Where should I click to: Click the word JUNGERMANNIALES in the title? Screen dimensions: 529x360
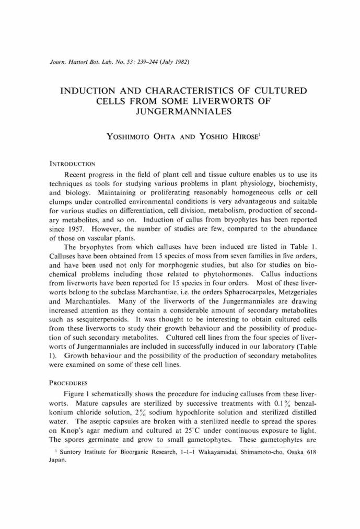(x=180, y=112)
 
